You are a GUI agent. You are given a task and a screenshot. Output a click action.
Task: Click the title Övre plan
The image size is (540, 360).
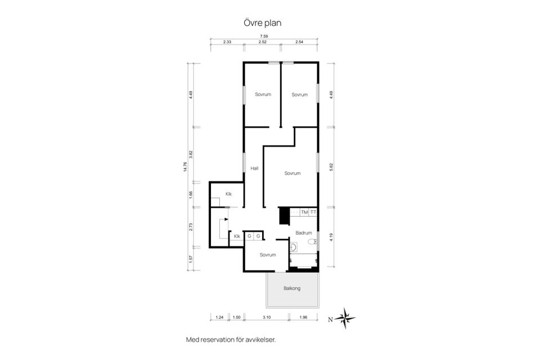pos(263,23)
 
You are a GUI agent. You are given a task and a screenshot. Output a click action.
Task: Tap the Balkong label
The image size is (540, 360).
pos(292,289)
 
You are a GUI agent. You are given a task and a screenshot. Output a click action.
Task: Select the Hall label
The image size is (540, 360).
pos(254,168)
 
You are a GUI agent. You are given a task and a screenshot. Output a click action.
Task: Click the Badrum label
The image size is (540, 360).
pos(303,233)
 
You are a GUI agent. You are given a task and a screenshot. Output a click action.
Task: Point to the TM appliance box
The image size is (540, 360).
pos(304,213)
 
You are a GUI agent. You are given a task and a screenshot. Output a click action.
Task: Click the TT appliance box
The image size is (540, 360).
pos(313,213)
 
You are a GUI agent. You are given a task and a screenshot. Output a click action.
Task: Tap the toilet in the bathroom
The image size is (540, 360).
pos(312,241)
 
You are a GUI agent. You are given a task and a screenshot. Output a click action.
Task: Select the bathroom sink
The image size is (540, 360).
pos(294,247)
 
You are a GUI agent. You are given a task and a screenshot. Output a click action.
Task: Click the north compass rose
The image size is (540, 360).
pos(345,318)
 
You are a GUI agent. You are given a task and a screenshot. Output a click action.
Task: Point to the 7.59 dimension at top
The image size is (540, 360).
pos(264,36)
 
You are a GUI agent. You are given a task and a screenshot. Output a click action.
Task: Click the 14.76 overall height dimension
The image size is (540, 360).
pos(185,166)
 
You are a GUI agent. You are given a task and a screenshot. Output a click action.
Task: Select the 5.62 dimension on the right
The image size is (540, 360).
pos(331,166)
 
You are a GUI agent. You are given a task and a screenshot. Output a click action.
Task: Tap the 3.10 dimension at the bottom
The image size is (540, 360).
pos(267,317)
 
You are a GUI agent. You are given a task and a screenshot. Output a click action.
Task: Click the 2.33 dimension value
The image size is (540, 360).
pos(227,42)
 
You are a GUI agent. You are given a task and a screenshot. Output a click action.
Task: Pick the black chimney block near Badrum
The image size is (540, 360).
pos(283,216)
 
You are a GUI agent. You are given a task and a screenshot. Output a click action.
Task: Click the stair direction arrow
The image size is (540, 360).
pos(226,219)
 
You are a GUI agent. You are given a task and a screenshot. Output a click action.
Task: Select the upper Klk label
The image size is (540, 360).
pos(229,194)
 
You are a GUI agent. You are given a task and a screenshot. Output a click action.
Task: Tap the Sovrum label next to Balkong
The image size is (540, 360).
pos(268,255)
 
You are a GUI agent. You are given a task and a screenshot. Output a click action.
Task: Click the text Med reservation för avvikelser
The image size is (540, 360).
pos(231,340)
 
